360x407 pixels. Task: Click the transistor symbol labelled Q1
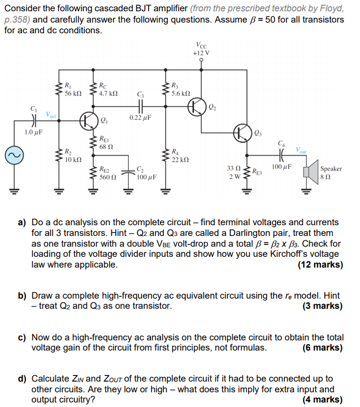89,120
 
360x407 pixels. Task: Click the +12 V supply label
201,54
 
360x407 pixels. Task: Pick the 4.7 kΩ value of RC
108,94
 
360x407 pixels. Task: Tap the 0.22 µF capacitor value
139,117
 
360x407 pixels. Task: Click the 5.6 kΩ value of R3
180,94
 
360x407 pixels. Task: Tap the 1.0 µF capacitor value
33,133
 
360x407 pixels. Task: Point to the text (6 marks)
322,348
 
